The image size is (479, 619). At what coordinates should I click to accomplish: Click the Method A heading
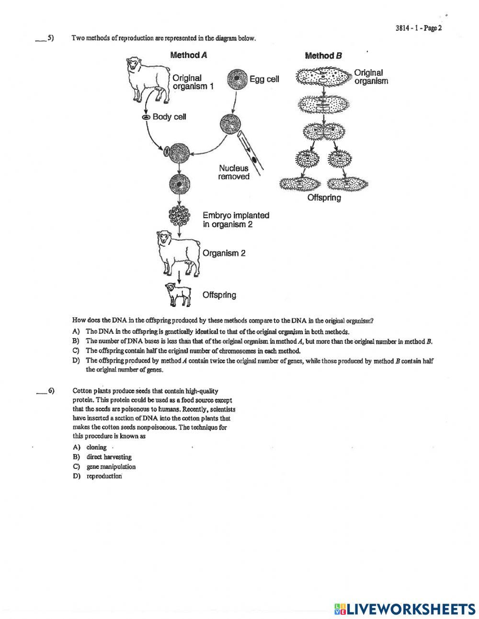click(189, 55)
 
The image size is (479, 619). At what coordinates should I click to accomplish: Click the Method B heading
click(324, 56)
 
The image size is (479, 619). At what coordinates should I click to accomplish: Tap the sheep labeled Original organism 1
click(147, 79)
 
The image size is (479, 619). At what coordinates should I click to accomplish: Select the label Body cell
click(169, 117)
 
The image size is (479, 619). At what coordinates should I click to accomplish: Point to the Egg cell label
click(264, 79)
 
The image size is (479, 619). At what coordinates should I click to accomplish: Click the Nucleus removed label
click(234, 173)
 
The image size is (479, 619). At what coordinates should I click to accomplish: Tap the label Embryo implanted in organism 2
click(236, 220)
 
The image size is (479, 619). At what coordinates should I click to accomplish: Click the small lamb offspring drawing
click(177, 293)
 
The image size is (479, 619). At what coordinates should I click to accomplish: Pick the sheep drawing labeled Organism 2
click(177, 253)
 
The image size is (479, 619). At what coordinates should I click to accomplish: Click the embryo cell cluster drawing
click(179, 216)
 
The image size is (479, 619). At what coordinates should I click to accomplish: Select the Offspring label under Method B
click(324, 198)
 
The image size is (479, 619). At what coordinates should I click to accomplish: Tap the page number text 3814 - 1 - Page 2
click(418, 28)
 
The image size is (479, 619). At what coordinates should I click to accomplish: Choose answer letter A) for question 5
click(76, 331)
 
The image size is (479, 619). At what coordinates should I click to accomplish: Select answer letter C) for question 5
click(76, 350)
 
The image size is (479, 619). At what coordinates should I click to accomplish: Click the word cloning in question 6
click(96, 447)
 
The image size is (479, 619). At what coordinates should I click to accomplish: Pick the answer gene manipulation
click(111, 467)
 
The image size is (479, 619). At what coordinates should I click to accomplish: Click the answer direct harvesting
click(109, 457)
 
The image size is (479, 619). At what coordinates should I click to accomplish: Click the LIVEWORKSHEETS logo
click(405, 609)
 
